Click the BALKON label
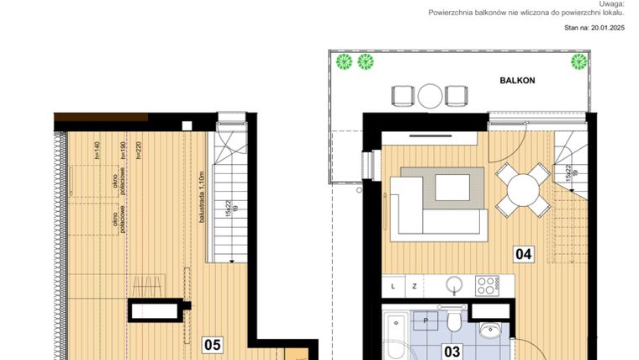tap(516, 81)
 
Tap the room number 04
tap(524, 253)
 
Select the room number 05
tap(212, 344)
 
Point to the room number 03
tap(453, 352)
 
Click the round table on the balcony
tap(430, 94)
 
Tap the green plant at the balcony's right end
tap(579, 61)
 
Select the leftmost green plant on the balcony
tap(343, 61)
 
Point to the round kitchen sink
tap(455, 285)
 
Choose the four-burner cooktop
tap(488, 285)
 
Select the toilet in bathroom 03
tap(453, 322)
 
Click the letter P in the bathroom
tap(426, 320)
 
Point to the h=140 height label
tap(98, 152)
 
